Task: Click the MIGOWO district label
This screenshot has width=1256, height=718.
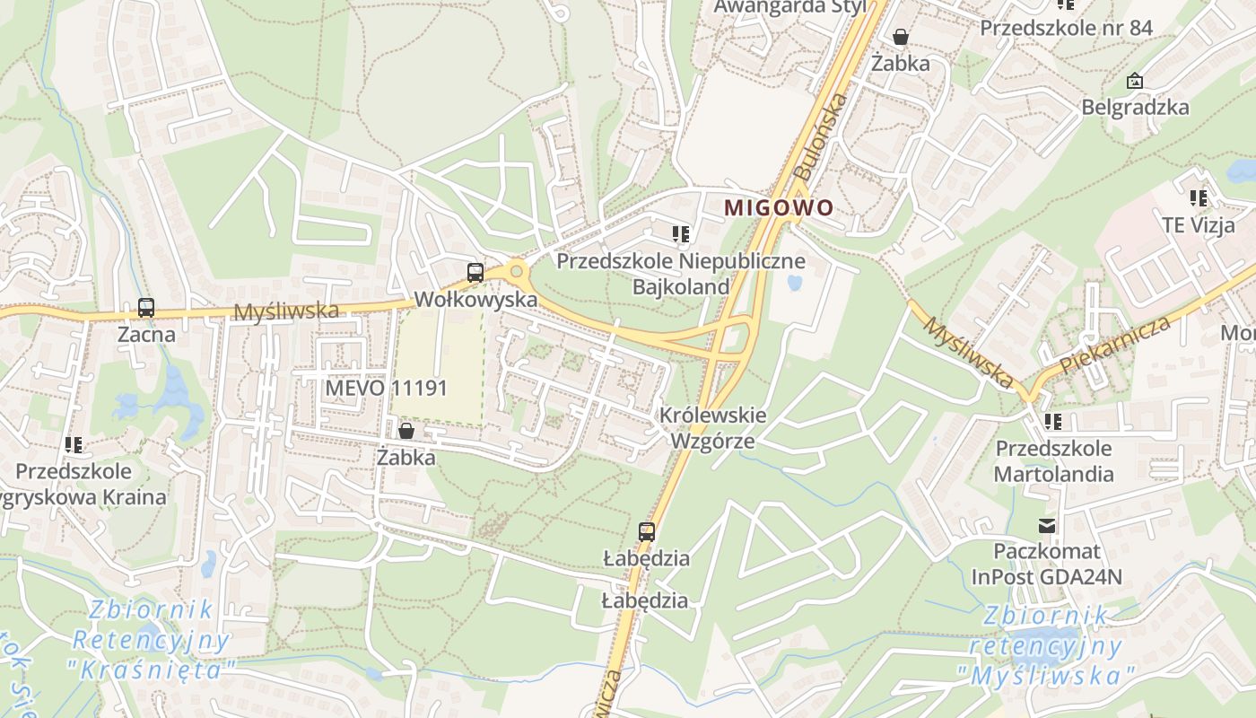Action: (778, 207)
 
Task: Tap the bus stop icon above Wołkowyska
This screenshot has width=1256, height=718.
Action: (475, 272)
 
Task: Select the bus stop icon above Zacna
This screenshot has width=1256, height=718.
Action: (146, 308)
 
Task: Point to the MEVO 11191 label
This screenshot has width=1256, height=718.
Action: (387, 388)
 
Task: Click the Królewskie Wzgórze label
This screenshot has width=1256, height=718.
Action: (713, 428)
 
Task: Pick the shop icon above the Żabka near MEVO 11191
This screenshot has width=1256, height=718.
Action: (406, 431)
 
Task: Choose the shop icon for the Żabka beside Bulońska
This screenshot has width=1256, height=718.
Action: (900, 37)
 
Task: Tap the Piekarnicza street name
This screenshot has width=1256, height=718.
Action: (1115, 345)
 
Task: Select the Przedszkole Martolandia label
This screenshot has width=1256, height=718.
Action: (1054, 460)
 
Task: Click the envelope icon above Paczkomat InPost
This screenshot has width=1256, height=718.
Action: (1047, 525)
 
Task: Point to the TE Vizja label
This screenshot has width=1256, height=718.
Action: (1198, 224)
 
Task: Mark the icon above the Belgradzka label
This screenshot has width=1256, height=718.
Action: (1135, 82)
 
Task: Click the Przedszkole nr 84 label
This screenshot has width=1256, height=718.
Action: (1066, 28)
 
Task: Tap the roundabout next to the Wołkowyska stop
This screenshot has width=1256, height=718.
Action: (516, 271)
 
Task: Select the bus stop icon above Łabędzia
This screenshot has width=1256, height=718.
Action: (646, 531)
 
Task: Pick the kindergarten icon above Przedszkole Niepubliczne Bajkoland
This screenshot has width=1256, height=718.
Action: (681, 235)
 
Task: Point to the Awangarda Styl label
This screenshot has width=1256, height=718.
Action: (789, 7)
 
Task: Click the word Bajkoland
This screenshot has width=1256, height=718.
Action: (681, 287)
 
